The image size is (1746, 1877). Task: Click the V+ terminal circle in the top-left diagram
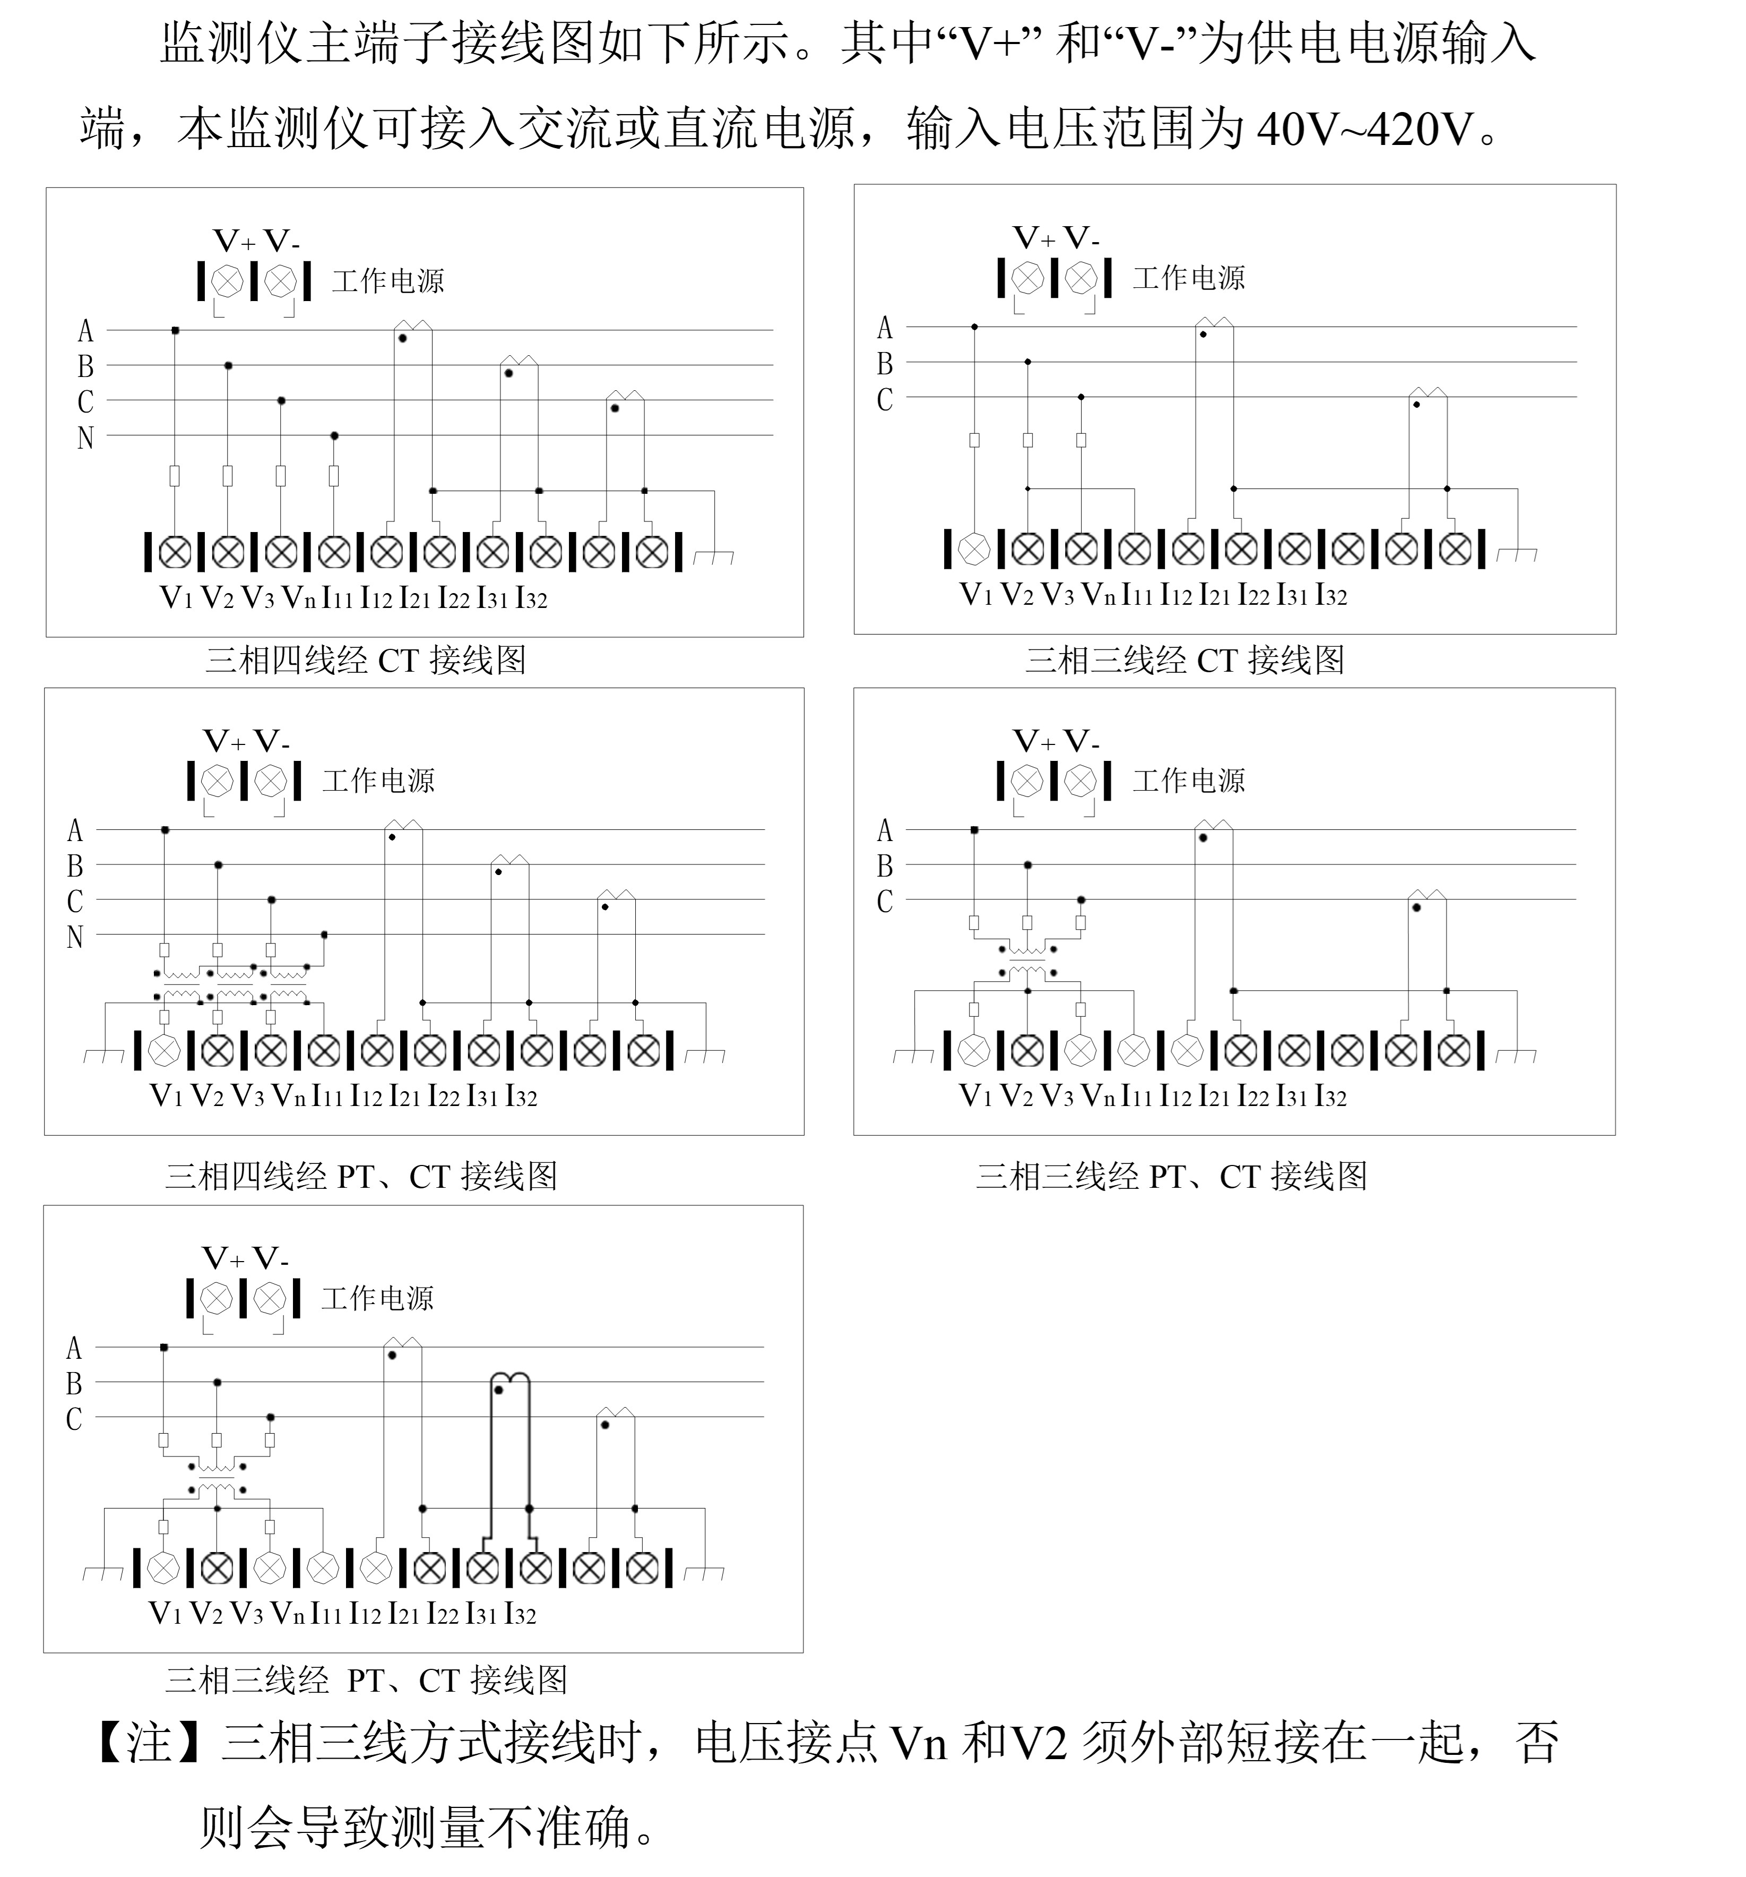228,280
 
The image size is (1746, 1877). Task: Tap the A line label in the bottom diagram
74,1348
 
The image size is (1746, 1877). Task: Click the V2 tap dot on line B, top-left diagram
228,365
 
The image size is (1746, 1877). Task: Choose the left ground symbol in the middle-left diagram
104,1055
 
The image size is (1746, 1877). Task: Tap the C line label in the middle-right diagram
884,902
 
